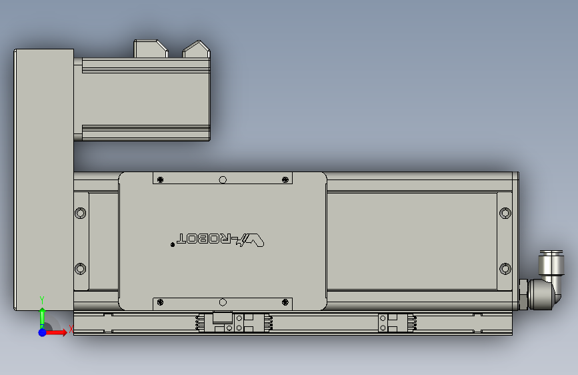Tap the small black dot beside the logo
[173, 245]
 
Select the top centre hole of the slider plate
[223, 179]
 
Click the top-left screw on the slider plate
[160, 179]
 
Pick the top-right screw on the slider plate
[285, 179]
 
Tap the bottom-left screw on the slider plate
[160, 303]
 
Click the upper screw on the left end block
[81, 214]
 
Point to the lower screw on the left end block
[81, 269]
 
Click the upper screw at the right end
[505, 214]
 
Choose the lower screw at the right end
[505, 269]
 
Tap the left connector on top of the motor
[150, 49]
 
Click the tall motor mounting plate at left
[43, 180]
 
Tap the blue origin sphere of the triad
[43, 332]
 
